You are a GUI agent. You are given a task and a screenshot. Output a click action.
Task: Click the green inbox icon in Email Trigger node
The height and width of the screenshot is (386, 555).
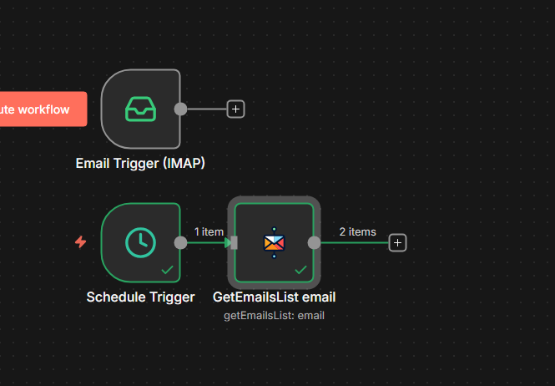click(140, 109)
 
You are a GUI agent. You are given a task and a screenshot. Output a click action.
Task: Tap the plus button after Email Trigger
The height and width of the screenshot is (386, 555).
click(235, 109)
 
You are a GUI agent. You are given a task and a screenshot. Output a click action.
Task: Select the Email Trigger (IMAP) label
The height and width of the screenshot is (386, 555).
click(140, 163)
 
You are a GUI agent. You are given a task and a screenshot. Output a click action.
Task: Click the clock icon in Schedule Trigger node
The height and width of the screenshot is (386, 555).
click(140, 242)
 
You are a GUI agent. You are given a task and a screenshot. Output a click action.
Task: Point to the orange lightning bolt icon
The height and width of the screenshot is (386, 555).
click(81, 242)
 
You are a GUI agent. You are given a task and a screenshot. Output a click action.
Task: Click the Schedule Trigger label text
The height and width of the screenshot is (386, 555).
click(140, 297)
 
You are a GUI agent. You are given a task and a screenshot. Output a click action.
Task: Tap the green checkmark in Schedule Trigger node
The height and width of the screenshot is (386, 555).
click(167, 270)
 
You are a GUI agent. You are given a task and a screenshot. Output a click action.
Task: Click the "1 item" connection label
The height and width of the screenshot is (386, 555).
click(209, 231)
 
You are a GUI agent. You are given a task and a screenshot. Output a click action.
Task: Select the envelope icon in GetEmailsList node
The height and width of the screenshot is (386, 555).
click(274, 242)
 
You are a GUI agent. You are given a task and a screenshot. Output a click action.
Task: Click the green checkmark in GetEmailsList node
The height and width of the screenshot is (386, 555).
click(300, 270)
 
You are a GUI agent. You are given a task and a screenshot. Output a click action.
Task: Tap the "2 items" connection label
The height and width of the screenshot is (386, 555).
click(357, 231)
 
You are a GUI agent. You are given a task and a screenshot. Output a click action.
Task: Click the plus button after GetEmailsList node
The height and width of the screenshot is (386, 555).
click(398, 242)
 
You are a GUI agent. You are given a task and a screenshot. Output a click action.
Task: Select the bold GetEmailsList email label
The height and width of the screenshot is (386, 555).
click(274, 297)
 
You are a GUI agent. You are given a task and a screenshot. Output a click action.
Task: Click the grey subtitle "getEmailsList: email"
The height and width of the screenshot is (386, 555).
click(274, 315)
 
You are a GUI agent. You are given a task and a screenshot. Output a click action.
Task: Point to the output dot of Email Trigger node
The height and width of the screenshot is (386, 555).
click(180, 109)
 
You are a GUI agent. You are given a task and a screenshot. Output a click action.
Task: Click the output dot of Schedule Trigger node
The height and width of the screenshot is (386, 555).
click(180, 242)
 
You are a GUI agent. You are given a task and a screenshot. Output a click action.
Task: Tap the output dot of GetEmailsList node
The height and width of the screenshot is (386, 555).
click(314, 242)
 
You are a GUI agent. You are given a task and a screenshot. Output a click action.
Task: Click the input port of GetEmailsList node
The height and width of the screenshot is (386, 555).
click(235, 242)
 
